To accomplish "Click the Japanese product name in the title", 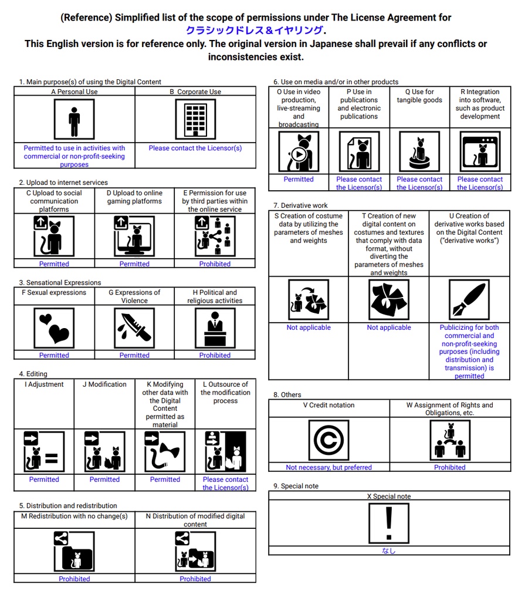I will [254, 31].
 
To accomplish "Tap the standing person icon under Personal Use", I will [74, 119].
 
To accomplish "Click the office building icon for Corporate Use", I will [195, 119].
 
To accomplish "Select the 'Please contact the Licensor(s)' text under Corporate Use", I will [195, 148].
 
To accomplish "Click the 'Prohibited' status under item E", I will [215, 264].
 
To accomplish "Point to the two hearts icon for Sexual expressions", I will [54, 328].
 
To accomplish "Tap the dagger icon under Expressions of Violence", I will [134, 328].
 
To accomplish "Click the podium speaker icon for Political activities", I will [215, 328].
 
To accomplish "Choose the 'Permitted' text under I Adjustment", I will [44, 480].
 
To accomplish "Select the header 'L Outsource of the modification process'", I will [225, 393].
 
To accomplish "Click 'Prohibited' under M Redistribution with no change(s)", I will [74, 579].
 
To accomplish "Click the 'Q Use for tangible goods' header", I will [419, 96].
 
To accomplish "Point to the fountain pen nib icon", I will [469, 299].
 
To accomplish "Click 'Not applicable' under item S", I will [309, 327].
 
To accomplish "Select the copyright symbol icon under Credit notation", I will [328, 440].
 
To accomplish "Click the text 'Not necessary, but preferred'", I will [328, 468].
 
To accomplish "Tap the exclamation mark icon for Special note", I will [388, 523].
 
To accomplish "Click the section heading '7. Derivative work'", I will [300, 206].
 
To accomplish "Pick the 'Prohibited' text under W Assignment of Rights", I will [450, 468].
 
